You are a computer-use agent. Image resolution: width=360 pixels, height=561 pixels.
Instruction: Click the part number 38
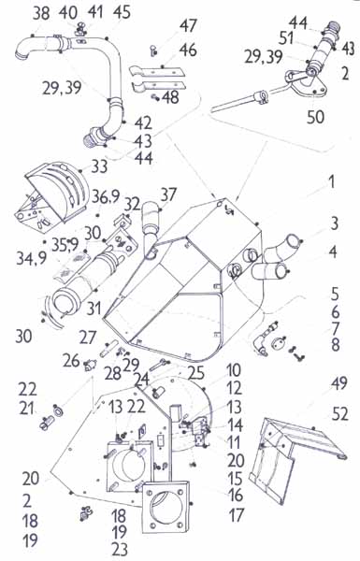(41, 14)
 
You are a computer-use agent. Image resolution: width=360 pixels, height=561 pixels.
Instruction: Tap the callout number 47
(188, 26)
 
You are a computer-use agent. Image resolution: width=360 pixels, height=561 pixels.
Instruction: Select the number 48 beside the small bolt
(170, 97)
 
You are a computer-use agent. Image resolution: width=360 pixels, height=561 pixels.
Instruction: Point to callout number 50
(316, 117)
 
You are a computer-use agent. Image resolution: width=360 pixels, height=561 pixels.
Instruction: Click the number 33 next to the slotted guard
(99, 166)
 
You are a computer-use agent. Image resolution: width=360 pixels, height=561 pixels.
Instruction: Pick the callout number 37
(168, 195)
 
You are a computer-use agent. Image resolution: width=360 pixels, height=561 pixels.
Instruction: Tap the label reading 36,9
(106, 196)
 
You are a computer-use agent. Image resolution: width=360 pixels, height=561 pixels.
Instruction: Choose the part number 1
(332, 181)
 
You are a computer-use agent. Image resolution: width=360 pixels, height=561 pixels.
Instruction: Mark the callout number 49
(338, 383)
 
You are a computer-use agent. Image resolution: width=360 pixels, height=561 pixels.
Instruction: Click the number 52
(339, 414)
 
